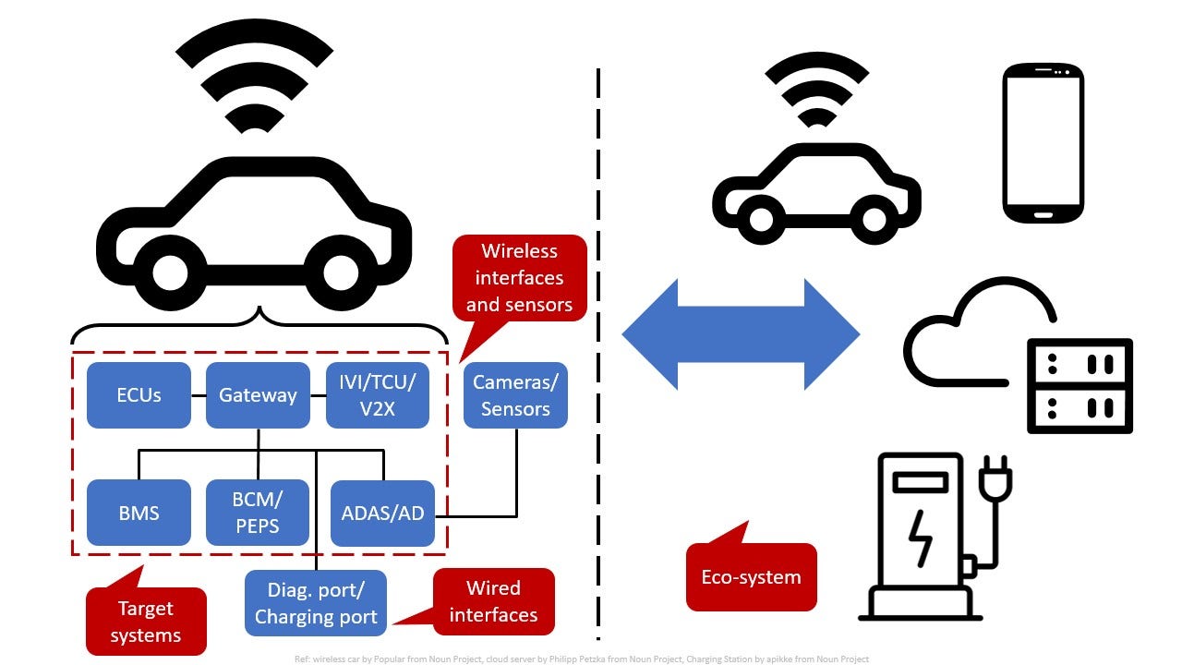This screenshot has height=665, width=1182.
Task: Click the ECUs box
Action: coord(139,395)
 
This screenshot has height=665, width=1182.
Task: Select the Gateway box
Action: coord(258,395)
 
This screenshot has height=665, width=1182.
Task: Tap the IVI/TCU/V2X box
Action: coord(378,395)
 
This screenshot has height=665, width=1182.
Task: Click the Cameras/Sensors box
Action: coord(515,395)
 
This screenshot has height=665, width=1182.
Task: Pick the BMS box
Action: coord(139,513)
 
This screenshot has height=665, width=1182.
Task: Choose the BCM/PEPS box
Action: coord(258,513)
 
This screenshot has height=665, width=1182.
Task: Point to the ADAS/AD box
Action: coord(382,513)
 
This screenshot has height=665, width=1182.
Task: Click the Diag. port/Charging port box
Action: coord(316,603)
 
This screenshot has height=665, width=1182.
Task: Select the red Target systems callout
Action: coord(146,622)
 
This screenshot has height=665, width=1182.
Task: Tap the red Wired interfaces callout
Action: coord(493,601)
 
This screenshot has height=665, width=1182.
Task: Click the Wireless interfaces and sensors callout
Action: coord(519,277)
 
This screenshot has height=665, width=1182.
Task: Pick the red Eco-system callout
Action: coord(751,577)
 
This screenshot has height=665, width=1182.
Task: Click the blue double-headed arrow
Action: coord(741,333)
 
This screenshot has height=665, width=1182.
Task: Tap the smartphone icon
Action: coord(1043,142)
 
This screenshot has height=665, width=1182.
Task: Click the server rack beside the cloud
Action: coord(1079,385)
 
